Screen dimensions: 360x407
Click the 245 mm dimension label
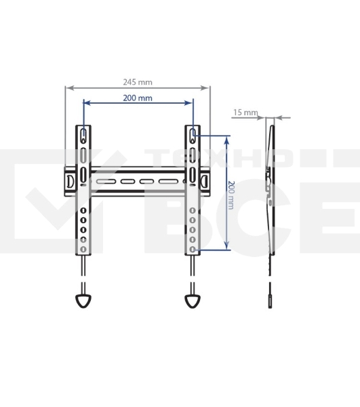click(x=138, y=82)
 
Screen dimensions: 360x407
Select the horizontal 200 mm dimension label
click(x=138, y=98)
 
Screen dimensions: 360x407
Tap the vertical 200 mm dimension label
click(x=231, y=195)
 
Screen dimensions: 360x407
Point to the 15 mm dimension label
click(x=245, y=113)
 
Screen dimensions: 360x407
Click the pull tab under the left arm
click(x=83, y=301)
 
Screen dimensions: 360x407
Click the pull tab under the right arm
click(x=193, y=301)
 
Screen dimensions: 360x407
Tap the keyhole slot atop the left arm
click(x=83, y=136)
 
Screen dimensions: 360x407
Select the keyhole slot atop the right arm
click(x=193, y=136)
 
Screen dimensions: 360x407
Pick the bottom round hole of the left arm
click(x=83, y=249)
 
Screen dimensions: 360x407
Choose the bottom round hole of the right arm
click(x=193, y=249)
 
